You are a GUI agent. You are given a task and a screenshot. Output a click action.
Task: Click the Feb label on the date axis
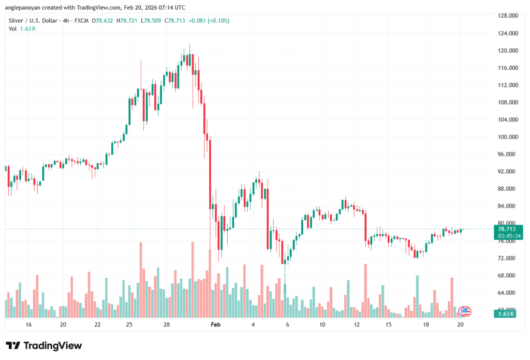tap(216, 325)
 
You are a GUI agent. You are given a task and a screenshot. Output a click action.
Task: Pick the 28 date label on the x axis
tap(167, 325)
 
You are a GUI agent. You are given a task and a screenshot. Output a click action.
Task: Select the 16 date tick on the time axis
tap(28, 325)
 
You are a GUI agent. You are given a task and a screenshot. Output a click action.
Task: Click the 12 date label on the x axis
tap(357, 325)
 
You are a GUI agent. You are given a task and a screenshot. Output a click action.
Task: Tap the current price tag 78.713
tap(507, 229)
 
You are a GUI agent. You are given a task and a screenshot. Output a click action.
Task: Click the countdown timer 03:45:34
tap(507, 236)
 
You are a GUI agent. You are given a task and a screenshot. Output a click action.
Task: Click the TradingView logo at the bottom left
tap(43, 346)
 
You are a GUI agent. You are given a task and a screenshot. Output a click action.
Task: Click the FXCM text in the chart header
tap(81, 21)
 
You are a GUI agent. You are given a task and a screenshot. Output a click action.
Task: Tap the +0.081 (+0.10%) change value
tap(209, 21)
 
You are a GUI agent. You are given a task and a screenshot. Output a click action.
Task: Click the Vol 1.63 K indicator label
tap(22, 28)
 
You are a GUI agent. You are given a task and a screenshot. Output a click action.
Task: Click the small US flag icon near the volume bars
tap(465, 311)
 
